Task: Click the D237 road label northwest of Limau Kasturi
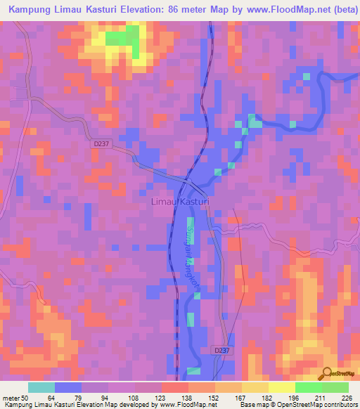[x=101, y=143]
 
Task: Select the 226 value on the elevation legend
[x=346, y=396]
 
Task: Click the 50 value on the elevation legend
[x=26, y=396]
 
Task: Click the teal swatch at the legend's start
[x=41, y=387]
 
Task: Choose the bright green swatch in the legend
[x=309, y=387]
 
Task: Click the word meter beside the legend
[x=11, y=396]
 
